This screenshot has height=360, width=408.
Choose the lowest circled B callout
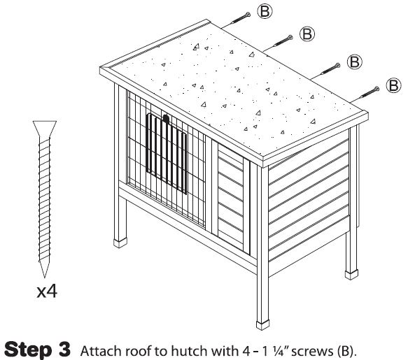coord(394,85)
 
